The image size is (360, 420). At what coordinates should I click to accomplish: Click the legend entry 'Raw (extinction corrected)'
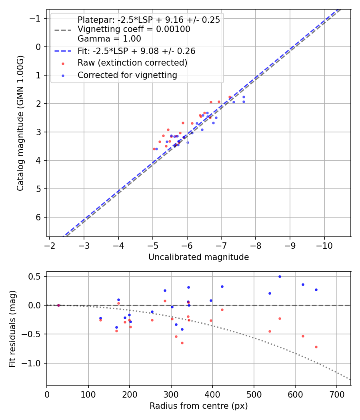coord(132,63)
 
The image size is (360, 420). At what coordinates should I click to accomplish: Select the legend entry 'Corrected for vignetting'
coord(127,75)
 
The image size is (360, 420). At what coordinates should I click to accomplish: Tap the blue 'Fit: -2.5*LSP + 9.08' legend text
coord(136,51)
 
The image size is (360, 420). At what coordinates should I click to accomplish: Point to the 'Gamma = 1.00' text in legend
coord(109,39)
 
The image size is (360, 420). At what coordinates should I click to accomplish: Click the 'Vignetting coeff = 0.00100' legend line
coord(134,29)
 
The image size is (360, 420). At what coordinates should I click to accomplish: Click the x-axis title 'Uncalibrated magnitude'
coord(198,257)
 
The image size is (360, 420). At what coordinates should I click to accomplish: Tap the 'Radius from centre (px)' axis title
coord(198,406)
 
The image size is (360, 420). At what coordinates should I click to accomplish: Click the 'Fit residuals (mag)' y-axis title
coord(12,328)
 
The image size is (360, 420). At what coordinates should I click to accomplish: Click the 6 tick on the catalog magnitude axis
coord(39,217)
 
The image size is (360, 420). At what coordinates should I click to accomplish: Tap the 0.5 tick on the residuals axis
coord(36,276)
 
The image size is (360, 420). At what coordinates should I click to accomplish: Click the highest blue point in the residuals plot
coord(280,276)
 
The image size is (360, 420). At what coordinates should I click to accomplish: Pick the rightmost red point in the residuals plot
coord(316,347)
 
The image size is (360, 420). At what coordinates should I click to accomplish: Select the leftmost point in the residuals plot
coord(58,305)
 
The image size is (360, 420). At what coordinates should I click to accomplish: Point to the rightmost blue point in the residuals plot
coord(316,290)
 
